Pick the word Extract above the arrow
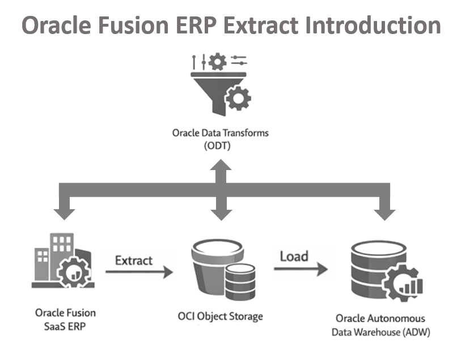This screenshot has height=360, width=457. [134, 260]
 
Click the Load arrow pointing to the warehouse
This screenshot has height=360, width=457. [301, 269]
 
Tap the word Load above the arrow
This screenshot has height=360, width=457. [294, 256]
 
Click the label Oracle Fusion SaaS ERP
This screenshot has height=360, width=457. [65, 319]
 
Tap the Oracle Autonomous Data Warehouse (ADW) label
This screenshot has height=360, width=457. [380, 325]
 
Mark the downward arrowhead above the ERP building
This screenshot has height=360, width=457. [64, 213]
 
